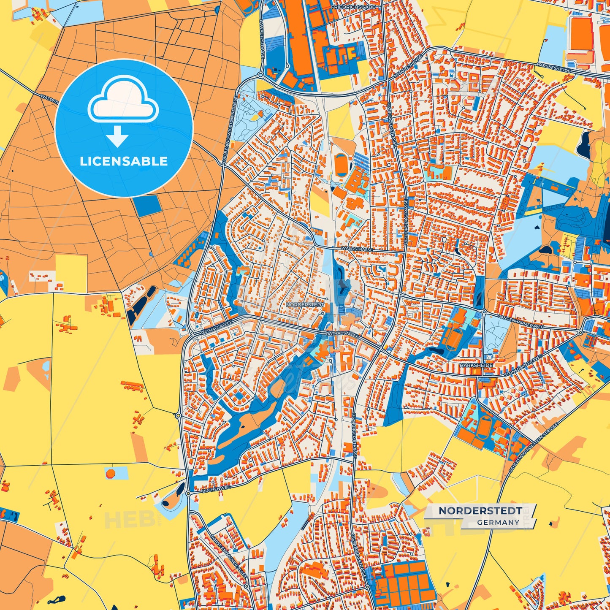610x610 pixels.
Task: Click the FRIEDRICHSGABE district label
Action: point(353,7)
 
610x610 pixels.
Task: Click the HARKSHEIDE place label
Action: point(476,365)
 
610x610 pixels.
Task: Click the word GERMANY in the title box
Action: point(498,522)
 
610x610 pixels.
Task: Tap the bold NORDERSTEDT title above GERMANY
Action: point(480,510)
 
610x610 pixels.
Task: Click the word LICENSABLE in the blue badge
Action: point(124,161)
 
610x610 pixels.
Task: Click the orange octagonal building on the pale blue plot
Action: point(110,473)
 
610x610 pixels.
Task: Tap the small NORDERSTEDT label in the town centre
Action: point(305,304)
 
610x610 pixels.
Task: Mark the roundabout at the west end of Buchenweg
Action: point(188,493)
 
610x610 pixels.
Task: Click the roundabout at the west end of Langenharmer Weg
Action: point(484,312)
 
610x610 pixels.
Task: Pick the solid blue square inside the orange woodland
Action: point(147,206)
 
